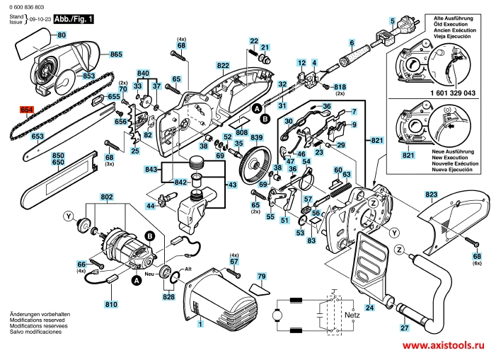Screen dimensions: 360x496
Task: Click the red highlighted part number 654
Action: coord(27,110)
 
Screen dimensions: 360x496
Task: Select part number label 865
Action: coord(116,54)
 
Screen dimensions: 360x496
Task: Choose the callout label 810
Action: coord(110,305)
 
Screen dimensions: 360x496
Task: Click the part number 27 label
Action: coord(404,328)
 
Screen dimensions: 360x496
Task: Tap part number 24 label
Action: coord(369,308)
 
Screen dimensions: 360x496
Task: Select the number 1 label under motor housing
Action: coord(200,325)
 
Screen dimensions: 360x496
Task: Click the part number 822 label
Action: coord(224,66)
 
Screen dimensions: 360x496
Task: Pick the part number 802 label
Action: coord(107,196)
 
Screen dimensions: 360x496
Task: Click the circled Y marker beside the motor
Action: coord(69,215)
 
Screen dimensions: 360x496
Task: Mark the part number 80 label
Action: coord(61,35)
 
